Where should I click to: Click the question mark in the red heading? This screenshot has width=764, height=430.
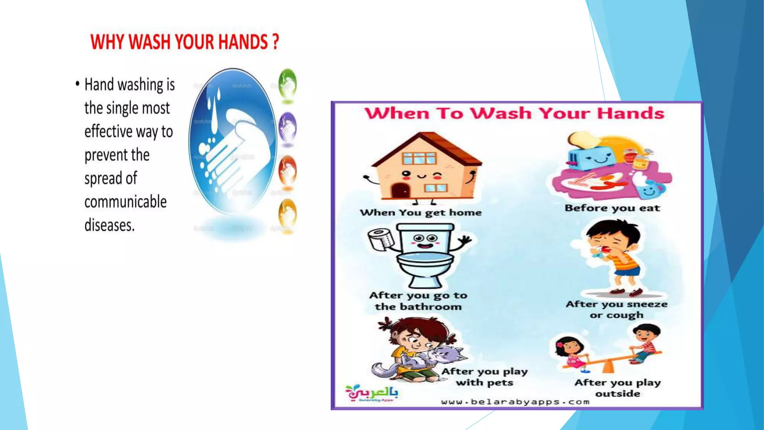pos(275,42)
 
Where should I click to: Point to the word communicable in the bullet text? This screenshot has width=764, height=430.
pos(125,202)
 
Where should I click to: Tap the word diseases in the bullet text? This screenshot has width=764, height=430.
pos(109,225)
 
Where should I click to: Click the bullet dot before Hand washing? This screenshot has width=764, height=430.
pos(77,84)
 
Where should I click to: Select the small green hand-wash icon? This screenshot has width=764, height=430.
pos(287,84)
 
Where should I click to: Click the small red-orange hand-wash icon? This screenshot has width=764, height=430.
pos(287,171)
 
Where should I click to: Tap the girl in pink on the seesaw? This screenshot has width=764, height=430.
pos(571,353)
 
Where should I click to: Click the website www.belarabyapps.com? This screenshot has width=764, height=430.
pos(515,402)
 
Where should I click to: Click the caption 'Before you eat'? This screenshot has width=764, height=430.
pos(612,208)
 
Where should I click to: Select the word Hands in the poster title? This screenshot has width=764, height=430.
pos(630,113)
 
